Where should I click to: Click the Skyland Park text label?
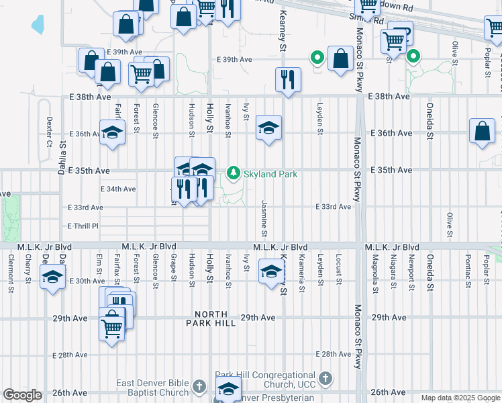tap(270, 174)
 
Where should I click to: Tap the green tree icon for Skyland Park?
tap(234, 173)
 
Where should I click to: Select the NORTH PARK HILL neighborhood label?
tap(215, 318)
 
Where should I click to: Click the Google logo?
tap(22, 395)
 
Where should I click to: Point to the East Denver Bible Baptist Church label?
tap(152, 388)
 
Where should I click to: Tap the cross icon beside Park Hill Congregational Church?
tap(325, 377)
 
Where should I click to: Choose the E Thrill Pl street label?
tap(83, 226)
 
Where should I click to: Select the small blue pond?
tap(37, 25)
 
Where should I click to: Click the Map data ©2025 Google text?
tap(461, 398)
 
